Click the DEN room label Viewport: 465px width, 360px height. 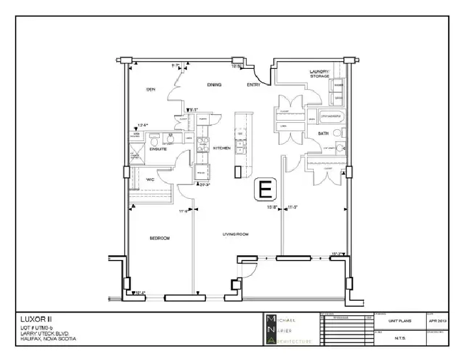pyautogui.click(x=150, y=89)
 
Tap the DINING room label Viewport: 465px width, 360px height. pyautogui.click(x=214, y=85)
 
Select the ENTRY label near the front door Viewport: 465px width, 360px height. pyautogui.click(x=254, y=85)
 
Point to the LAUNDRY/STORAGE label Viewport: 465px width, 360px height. pyautogui.click(x=320, y=73)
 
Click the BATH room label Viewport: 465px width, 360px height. pyautogui.click(x=323, y=133)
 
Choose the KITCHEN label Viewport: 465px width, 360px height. pyautogui.click(x=222, y=148)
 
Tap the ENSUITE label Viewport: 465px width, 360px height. pyautogui.click(x=159, y=149)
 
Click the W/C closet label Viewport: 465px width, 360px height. pyautogui.click(x=149, y=179)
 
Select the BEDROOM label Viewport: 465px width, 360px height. pyautogui.click(x=159, y=238)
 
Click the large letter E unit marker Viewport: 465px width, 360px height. pyautogui.click(x=265, y=189)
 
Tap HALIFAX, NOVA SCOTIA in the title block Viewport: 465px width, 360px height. pyautogui.click(x=49, y=339)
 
